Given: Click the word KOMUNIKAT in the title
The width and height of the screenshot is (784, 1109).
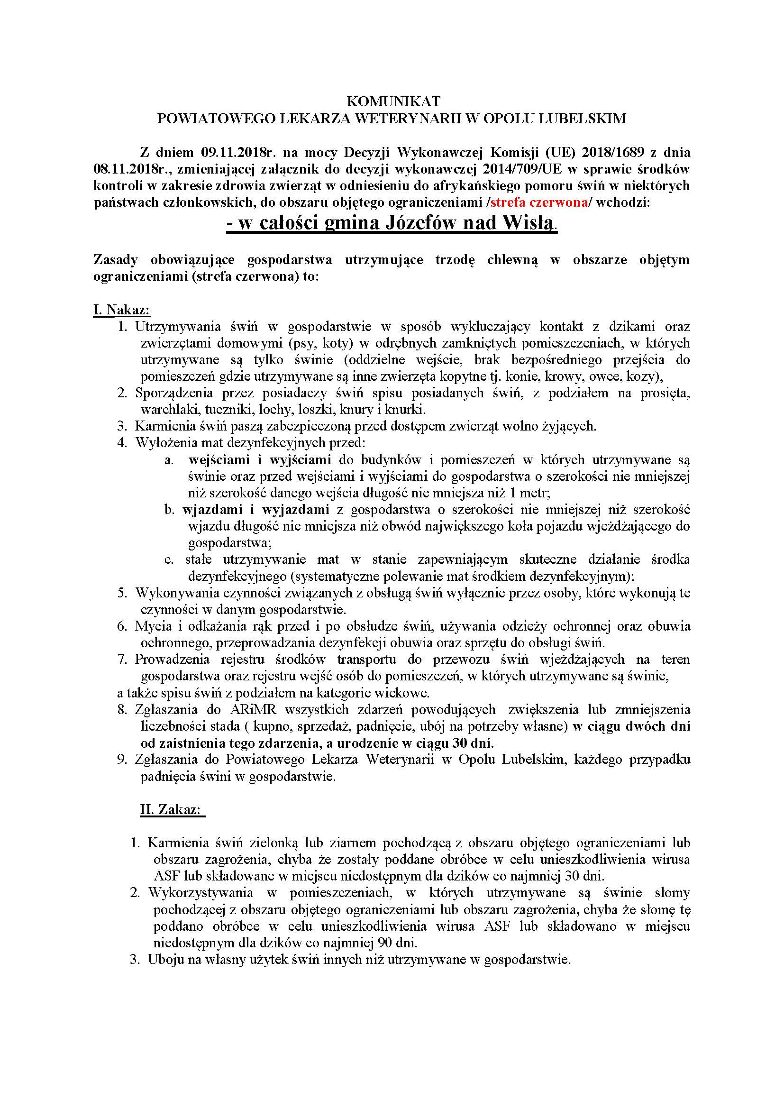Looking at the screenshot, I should pyautogui.click(x=393, y=101).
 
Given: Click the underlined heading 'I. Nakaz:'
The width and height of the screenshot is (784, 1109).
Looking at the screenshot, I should pyautogui.click(x=122, y=310).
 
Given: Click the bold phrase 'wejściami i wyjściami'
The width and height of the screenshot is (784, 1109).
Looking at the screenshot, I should pyautogui.click(x=259, y=459).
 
